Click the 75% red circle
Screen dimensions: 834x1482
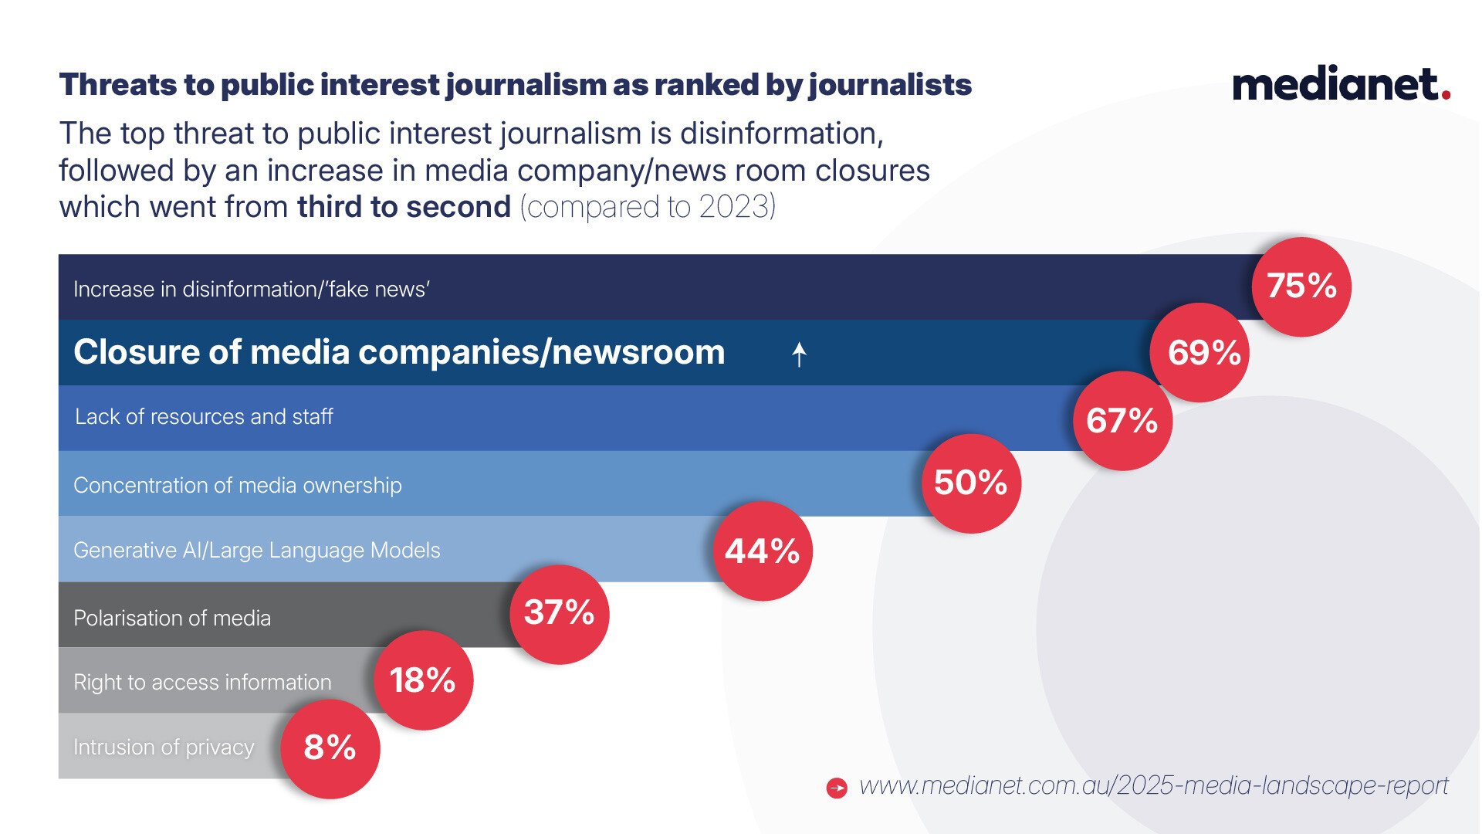click(1301, 286)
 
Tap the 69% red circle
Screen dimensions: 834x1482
click(1199, 353)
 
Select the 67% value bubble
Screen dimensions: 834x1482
click(1122, 421)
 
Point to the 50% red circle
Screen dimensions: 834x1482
click(971, 483)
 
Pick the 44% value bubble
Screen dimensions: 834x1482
click(763, 551)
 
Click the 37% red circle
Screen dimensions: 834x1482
click(560, 614)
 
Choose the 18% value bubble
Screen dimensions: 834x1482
click(423, 680)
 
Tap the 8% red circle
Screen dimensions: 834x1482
click(330, 748)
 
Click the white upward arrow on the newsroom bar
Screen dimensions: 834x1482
click(799, 354)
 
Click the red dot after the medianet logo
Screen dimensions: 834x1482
click(1446, 95)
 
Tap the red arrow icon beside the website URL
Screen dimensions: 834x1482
click(837, 788)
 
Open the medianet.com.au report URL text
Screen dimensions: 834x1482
click(1153, 785)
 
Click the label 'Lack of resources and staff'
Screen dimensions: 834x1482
click(204, 417)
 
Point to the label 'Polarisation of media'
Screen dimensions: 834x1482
click(172, 619)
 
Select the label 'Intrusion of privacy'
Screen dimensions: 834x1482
click(164, 748)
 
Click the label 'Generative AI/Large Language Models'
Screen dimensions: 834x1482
click(257, 551)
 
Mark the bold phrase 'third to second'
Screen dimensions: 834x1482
click(404, 207)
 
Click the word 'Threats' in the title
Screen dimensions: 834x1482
click(118, 85)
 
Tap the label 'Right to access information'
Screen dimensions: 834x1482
click(202, 683)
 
